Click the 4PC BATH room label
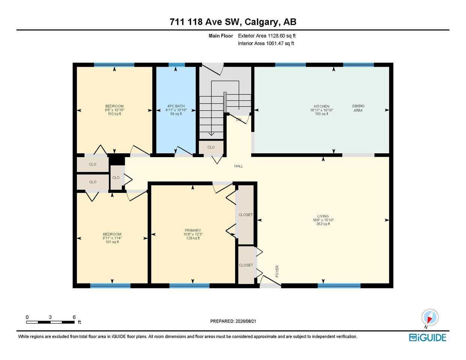(176, 106)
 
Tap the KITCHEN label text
(321, 106)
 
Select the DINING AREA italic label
(358, 108)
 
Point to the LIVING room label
(323, 216)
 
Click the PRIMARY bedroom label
(193, 231)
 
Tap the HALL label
(238, 166)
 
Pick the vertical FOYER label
(277, 271)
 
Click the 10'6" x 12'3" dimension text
(193, 234)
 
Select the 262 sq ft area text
(323, 224)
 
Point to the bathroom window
(177, 65)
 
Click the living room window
(339, 286)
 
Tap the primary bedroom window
(189, 286)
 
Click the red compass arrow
(430, 320)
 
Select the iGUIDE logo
(428, 337)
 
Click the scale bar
(50, 322)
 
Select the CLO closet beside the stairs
(211, 147)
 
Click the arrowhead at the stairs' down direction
(211, 134)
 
